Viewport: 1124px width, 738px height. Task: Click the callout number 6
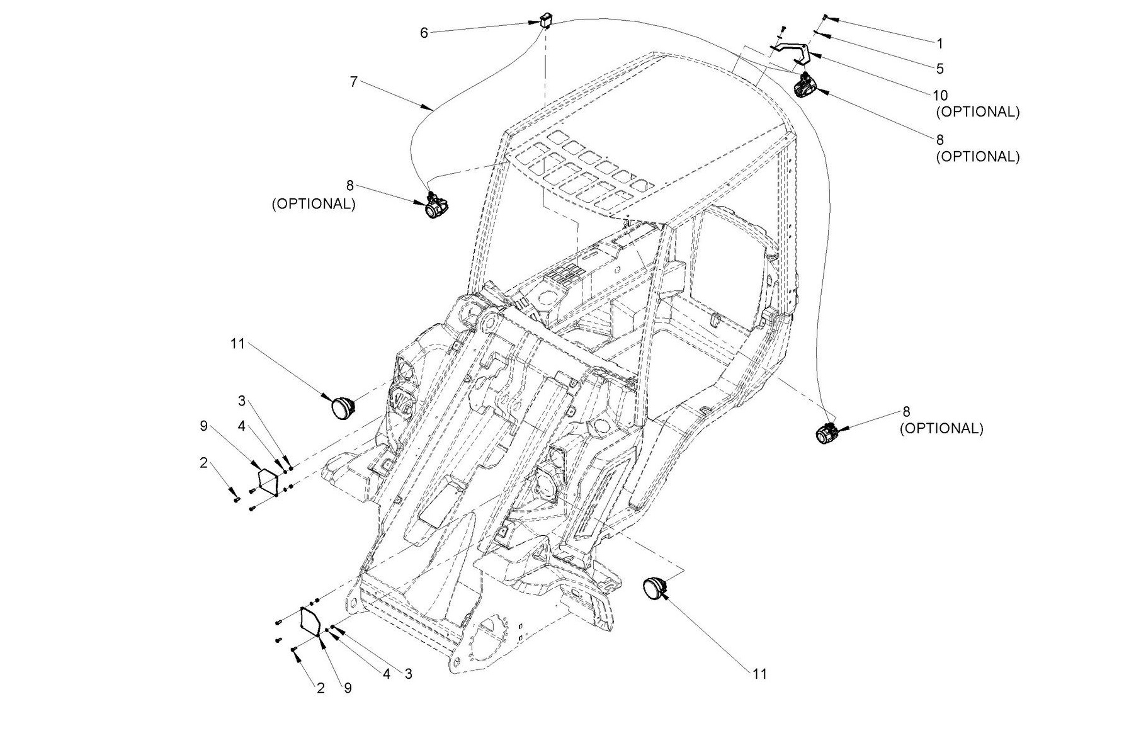pos(424,33)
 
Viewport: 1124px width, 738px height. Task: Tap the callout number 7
pos(354,82)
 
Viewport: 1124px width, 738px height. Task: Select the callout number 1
pos(940,43)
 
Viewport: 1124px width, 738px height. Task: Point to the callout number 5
pos(940,68)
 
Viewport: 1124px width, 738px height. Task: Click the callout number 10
pos(940,96)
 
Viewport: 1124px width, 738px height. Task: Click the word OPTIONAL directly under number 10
pos(977,111)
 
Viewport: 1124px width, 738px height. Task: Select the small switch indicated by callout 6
pos(545,22)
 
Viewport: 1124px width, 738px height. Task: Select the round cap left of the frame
pos(344,407)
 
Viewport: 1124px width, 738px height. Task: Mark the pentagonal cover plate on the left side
pos(269,482)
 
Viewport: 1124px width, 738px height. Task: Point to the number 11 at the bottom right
pos(760,674)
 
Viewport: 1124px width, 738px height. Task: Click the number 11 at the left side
pos(237,344)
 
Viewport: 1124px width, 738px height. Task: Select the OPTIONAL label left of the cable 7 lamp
pos(314,204)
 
